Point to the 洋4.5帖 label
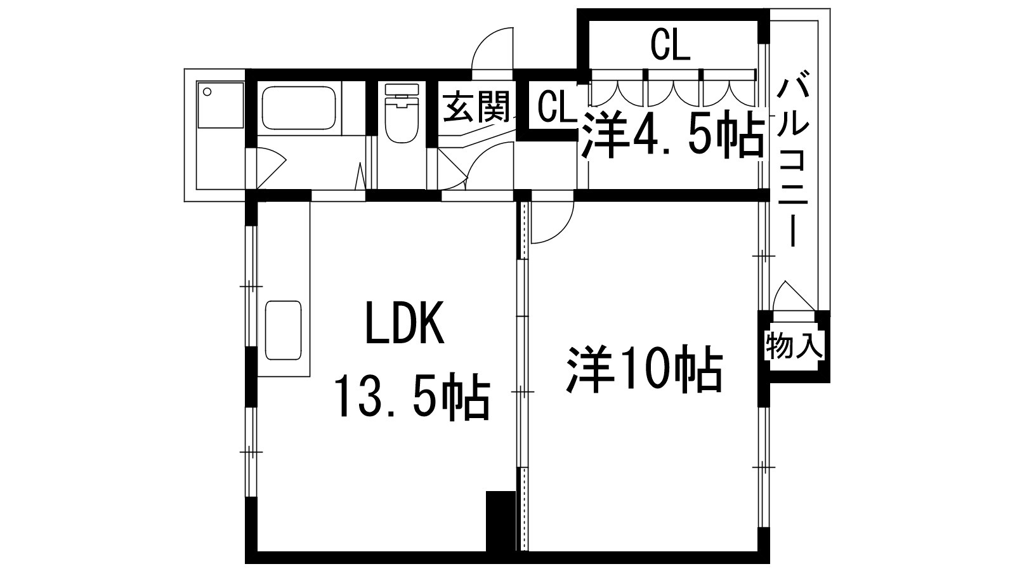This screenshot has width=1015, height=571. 673,136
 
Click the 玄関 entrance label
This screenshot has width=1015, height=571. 476,107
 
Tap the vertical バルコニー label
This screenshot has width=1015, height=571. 794,162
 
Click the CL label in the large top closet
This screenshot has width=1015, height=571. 670,46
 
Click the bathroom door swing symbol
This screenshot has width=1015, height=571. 270,166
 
